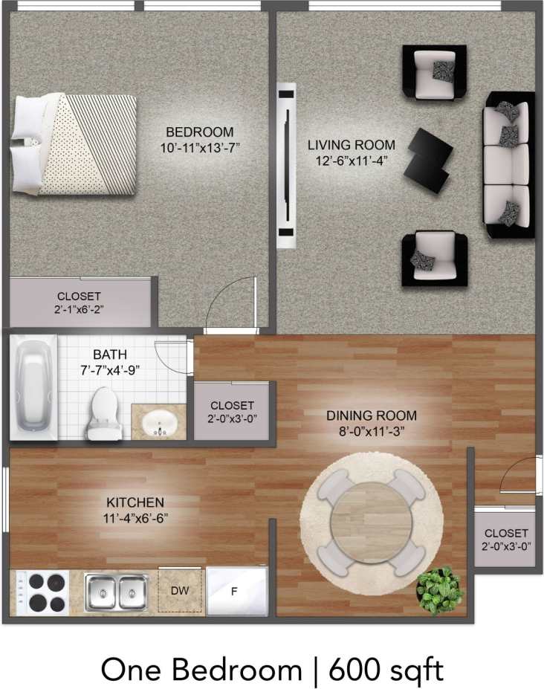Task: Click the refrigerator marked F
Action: [234, 592]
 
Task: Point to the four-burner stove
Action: [38, 592]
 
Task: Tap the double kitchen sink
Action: [114, 592]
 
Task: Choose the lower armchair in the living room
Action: [434, 258]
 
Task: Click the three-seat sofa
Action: [508, 165]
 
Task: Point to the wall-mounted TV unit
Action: [285, 165]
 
